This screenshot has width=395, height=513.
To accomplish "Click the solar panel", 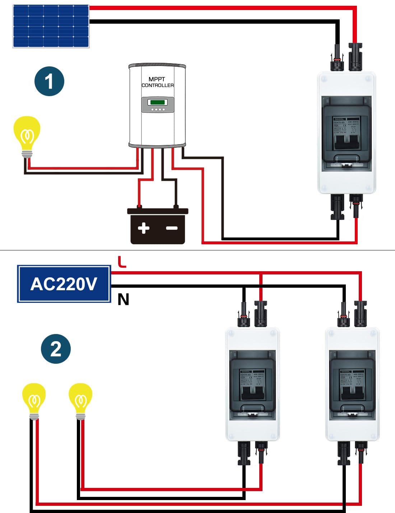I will (x=51, y=26).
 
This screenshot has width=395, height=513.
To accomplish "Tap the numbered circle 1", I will (x=49, y=81).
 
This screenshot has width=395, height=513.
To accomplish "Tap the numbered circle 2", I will (x=56, y=349).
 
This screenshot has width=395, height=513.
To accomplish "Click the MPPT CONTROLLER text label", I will (x=157, y=82).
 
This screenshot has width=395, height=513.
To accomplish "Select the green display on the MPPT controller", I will (x=158, y=102).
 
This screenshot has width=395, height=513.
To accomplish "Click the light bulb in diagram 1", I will (x=27, y=133).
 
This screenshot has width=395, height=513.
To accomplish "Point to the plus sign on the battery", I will (x=144, y=228).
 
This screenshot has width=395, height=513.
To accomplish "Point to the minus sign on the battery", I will (x=172, y=228).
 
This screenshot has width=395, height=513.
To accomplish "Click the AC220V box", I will (x=64, y=284).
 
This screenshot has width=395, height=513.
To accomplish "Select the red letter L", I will (x=122, y=262).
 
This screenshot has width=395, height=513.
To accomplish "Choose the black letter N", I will (x=123, y=299).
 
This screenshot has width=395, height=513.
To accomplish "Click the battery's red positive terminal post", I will (x=139, y=207).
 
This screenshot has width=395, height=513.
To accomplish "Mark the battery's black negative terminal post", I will (x=176, y=207).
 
